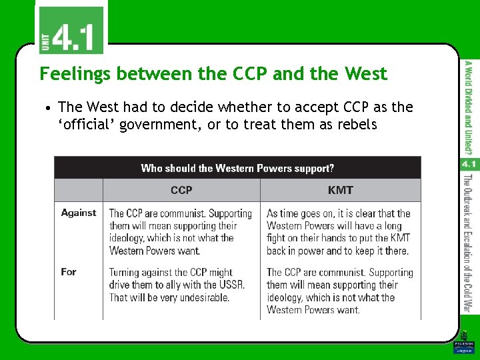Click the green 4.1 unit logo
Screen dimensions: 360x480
70,29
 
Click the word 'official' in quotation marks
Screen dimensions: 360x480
85,124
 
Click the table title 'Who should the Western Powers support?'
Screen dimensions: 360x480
237,168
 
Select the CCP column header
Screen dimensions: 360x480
181,190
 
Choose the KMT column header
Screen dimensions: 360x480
340,190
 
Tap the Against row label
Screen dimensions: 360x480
79,213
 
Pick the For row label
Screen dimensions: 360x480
69,272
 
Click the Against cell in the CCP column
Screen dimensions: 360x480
181,232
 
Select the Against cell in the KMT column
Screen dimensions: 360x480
339,232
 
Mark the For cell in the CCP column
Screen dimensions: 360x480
177,285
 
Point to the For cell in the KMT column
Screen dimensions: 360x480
339,291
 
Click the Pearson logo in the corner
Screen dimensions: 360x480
463,347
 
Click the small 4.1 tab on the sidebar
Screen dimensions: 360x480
469,164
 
